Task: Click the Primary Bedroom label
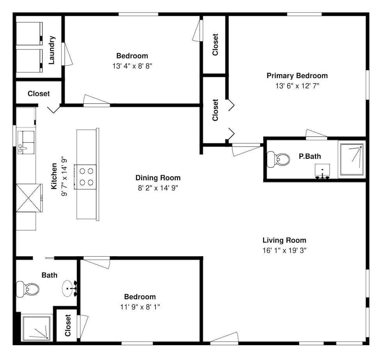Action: (297, 76)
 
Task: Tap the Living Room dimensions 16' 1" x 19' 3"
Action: (284, 250)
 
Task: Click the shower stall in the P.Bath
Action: (352, 160)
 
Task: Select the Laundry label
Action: (52, 50)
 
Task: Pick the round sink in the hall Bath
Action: (69, 289)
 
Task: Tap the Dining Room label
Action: (158, 178)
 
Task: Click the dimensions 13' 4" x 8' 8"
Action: (132, 66)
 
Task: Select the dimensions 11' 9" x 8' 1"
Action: (140, 307)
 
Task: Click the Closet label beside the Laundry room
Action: (39, 94)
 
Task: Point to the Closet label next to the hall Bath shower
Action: (68, 325)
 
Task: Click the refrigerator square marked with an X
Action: (28, 198)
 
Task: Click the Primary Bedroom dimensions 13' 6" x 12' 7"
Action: (297, 86)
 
